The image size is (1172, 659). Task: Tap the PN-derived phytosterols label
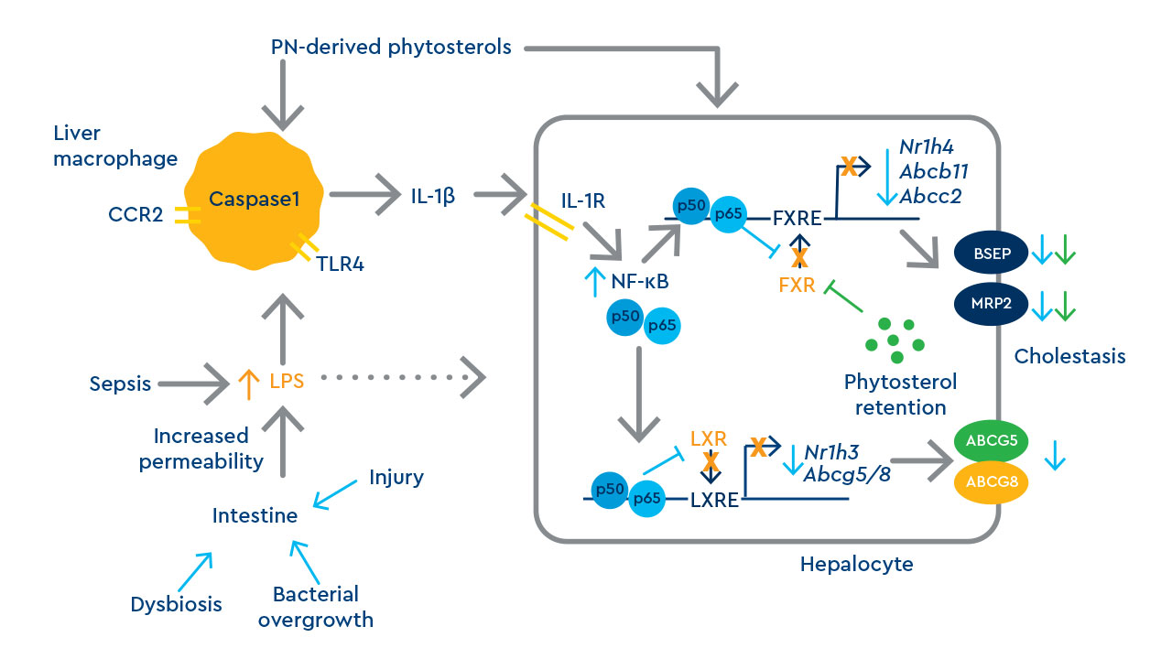coord(391,47)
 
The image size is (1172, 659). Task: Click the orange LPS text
coord(288,384)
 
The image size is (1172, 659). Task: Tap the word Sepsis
coord(120,384)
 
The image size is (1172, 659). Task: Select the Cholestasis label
coord(1069,356)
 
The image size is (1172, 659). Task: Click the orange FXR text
coord(797,285)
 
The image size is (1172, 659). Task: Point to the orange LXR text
coord(708,438)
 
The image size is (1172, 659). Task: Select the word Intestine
coord(255,515)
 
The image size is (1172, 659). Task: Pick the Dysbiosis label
coord(177,604)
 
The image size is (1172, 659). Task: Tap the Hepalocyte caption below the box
coord(856,564)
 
